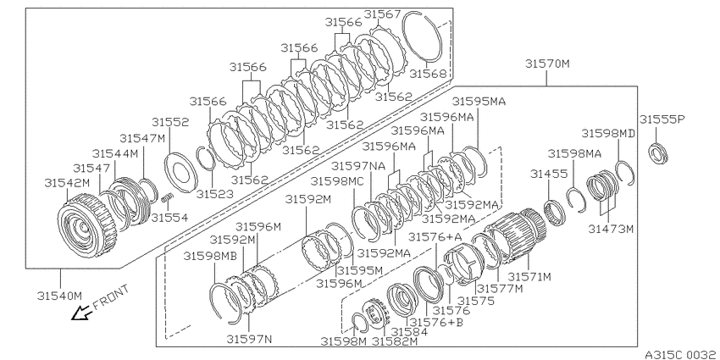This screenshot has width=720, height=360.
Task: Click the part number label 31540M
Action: coord(59,296)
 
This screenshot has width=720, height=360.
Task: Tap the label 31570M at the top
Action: coord(547,64)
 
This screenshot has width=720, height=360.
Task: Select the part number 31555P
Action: coord(662,119)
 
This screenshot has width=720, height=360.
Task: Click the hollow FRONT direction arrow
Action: coord(80,313)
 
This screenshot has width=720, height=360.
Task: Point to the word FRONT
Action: coord(111,297)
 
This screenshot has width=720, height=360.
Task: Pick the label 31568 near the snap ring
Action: coord(428,74)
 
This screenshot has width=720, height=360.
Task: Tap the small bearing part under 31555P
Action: coord(658,153)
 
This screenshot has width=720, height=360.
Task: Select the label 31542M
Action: coord(67,183)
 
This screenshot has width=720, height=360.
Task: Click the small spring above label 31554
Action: coord(169,197)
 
